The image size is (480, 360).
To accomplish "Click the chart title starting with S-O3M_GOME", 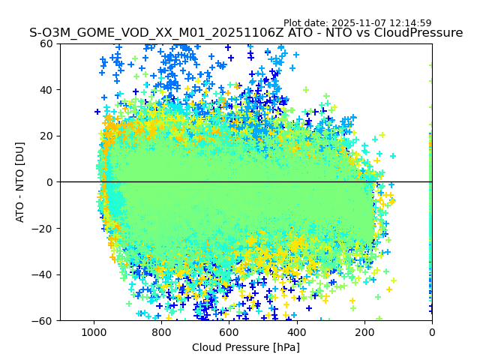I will [246, 33].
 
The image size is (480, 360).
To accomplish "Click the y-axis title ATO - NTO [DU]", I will [20, 182].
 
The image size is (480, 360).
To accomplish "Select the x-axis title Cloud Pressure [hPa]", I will [246, 347].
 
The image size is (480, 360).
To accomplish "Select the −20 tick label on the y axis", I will [44, 228].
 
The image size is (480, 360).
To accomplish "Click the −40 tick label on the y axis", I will [44, 274].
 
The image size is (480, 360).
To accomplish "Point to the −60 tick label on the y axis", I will [44, 320].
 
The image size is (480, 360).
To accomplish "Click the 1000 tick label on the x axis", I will [94, 331].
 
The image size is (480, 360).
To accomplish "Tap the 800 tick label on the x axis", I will [161, 331].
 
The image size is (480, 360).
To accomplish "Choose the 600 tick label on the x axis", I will [229, 331].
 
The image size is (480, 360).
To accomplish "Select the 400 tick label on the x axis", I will [296, 331].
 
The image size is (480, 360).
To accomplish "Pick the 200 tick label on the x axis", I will [364, 331].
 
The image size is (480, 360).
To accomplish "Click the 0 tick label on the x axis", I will [431, 331].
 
